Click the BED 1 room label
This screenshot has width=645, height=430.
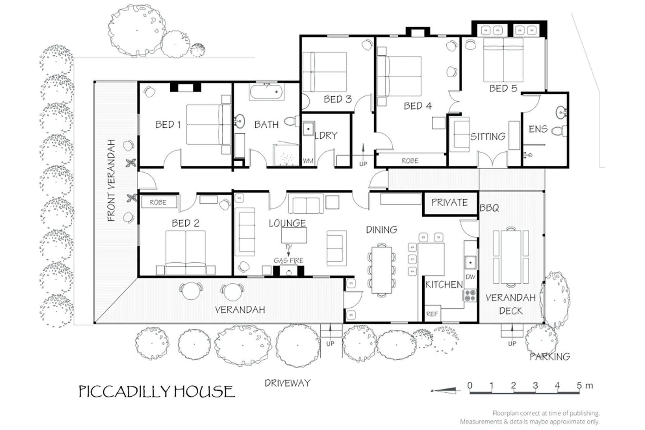pos(168,125)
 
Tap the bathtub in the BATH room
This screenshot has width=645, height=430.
pos(267,91)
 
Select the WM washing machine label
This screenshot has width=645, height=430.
pos(308,161)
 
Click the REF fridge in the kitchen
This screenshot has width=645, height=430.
pos(432,314)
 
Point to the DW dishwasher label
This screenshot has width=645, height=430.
pos(471,277)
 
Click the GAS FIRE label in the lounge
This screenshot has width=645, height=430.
pos(288,260)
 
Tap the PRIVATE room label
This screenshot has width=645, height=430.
pos(449,202)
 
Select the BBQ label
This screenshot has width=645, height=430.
pos(489,208)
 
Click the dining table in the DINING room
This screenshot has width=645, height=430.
pos(382,270)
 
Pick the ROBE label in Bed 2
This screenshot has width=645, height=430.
pos(158,203)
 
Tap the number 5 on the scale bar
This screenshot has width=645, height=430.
pos(579,385)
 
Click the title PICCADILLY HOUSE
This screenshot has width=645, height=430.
pos(157,392)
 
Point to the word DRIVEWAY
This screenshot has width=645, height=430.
pos(288,383)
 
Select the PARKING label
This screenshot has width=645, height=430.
pos(550,356)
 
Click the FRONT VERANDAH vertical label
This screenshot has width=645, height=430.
pos(111,180)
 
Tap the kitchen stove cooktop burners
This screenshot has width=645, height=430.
pos(470,295)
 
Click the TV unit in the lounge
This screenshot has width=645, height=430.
pos(294,235)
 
